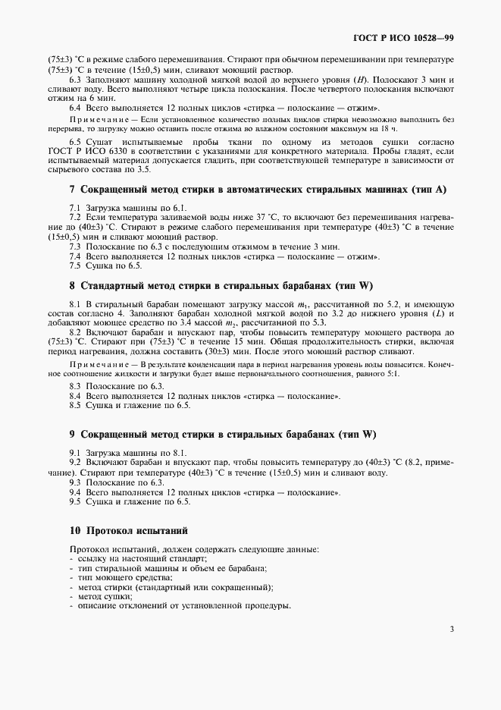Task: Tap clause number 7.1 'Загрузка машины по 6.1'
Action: [77, 206]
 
